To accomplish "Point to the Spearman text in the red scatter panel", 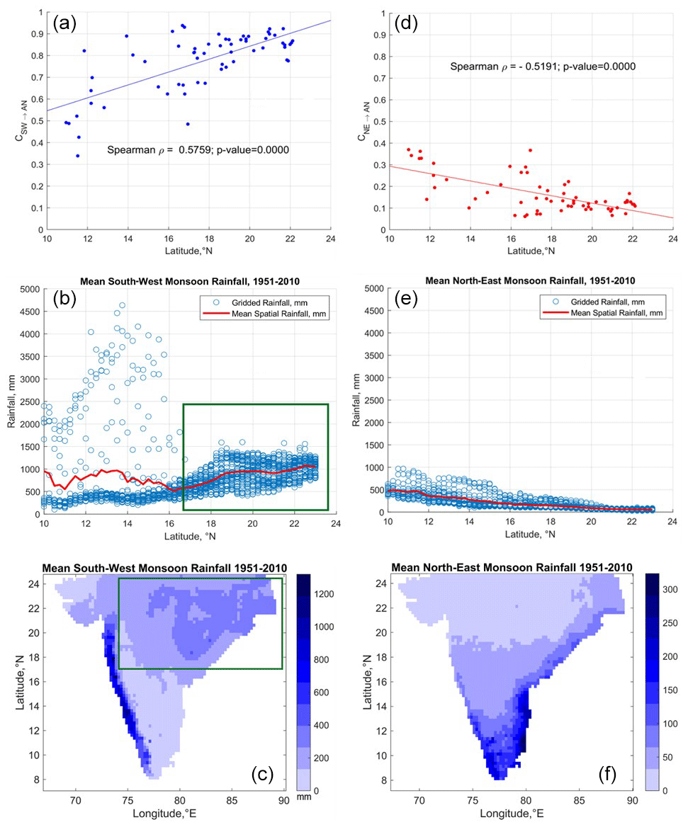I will pos(542,67).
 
